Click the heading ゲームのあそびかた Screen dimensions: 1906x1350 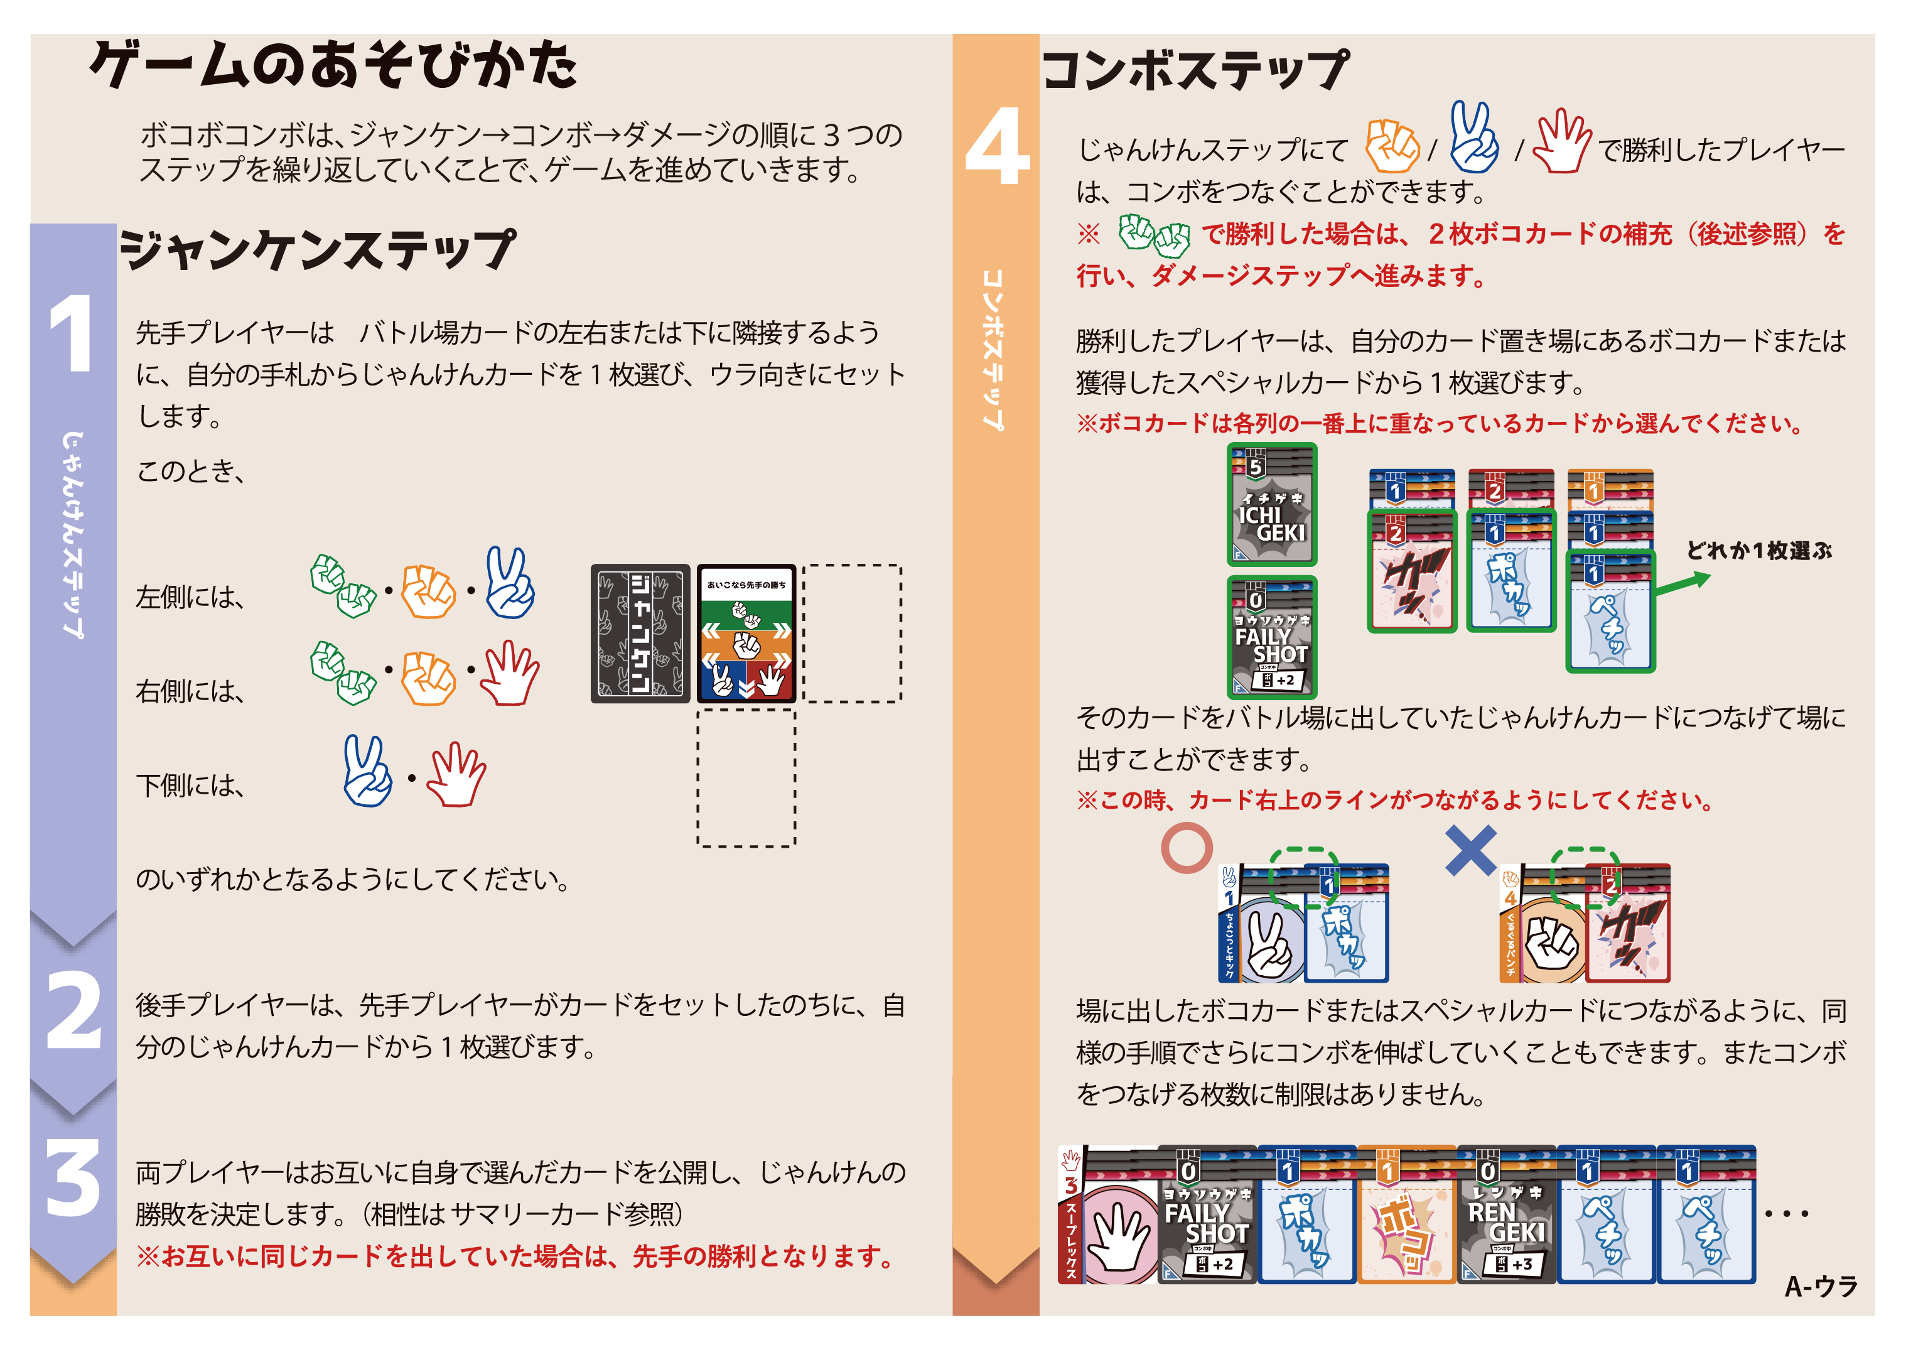(x=333, y=65)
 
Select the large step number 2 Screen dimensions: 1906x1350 (x=74, y=1010)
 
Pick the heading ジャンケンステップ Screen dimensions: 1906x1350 (x=318, y=249)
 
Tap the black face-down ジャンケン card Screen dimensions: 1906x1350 (x=640, y=634)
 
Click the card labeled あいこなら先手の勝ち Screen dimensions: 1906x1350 (x=746, y=634)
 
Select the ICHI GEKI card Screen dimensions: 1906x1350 (x=1272, y=505)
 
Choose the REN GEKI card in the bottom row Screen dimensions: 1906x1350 (x=1506, y=1214)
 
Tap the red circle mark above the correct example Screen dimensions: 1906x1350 (x=1186, y=848)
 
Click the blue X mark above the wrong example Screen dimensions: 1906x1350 (x=1470, y=850)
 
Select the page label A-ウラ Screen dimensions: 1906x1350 (x=1821, y=1286)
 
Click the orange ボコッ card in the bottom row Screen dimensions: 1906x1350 (x=1406, y=1214)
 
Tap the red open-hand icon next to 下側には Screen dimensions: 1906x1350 (x=456, y=774)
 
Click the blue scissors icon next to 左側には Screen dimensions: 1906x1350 (x=510, y=583)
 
